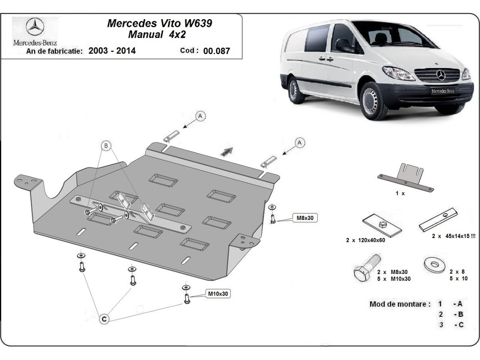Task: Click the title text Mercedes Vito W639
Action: (x=159, y=23)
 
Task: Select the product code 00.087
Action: (x=216, y=51)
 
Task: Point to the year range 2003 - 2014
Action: (x=112, y=51)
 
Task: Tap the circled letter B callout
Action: (x=106, y=146)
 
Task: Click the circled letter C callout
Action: (x=104, y=319)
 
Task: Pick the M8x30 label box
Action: (x=306, y=218)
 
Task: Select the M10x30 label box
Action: (x=218, y=294)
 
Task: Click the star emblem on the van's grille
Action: (x=441, y=75)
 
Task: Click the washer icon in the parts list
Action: (x=434, y=264)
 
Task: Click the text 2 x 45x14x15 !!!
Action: (x=454, y=236)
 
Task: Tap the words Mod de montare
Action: (x=398, y=304)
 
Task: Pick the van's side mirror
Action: (x=343, y=46)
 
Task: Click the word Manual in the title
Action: (x=145, y=34)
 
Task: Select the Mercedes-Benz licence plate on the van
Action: (x=442, y=91)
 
